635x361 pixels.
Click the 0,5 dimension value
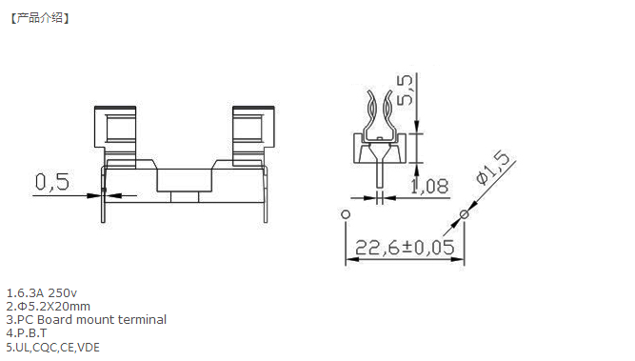(52, 182)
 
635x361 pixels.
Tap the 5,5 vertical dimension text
(405, 90)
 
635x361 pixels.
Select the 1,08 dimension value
(429, 187)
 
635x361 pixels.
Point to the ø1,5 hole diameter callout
(492, 168)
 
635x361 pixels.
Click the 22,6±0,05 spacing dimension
(405, 247)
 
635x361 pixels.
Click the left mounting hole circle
(346, 214)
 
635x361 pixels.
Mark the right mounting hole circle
(464, 214)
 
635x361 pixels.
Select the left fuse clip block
(115, 137)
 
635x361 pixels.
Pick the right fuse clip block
(253, 136)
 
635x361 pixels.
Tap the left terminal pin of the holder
(103, 194)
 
